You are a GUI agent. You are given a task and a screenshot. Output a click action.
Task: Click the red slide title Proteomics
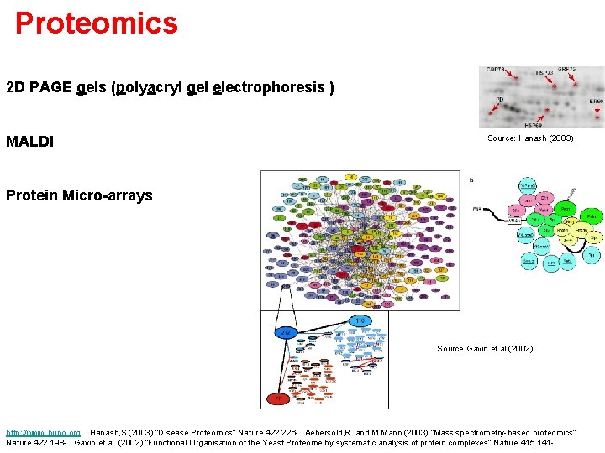pyautogui.click(x=97, y=23)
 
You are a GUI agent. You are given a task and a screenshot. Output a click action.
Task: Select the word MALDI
pyautogui.click(x=29, y=142)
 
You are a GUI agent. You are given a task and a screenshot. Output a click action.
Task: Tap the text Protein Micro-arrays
pyautogui.click(x=79, y=195)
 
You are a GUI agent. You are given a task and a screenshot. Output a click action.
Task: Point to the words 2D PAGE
pyautogui.click(x=39, y=87)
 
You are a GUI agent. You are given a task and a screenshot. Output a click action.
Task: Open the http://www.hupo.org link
pyautogui.click(x=43, y=432)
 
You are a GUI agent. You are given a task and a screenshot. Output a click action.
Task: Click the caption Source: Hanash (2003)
pyautogui.click(x=530, y=138)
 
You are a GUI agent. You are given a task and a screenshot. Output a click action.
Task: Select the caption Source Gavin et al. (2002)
pyautogui.click(x=485, y=348)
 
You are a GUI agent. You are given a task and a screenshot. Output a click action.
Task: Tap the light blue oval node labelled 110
pyautogui.click(x=359, y=320)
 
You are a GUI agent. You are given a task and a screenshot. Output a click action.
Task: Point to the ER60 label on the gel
pyautogui.click(x=595, y=101)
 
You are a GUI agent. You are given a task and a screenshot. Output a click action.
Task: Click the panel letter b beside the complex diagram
pyautogui.click(x=471, y=180)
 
